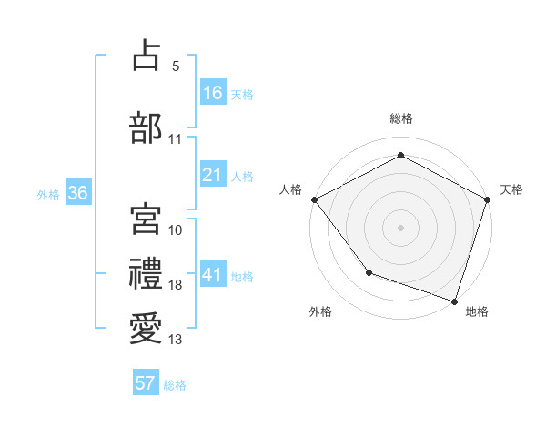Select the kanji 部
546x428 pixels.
[x=146, y=127]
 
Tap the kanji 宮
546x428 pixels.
[x=146, y=217]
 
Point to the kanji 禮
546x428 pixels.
[x=146, y=273]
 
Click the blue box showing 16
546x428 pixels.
[x=213, y=92]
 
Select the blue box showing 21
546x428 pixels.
[x=213, y=175]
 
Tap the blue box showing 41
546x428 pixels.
[x=213, y=275]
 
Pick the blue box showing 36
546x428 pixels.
[x=77, y=193]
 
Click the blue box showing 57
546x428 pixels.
[x=146, y=383]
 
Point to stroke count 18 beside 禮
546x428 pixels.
[x=176, y=285]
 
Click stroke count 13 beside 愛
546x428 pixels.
[x=176, y=340]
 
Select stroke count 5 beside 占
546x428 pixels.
[x=176, y=66]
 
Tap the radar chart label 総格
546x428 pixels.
[x=401, y=118]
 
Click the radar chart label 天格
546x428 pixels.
[x=511, y=189]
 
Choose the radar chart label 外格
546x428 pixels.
[x=320, y=311]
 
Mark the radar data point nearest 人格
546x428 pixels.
[x=314, y=199]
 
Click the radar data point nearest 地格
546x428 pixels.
[x=454, y=301]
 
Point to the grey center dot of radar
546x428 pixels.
[x=401, y=227]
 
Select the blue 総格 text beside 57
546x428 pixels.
[x=175, y=385]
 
